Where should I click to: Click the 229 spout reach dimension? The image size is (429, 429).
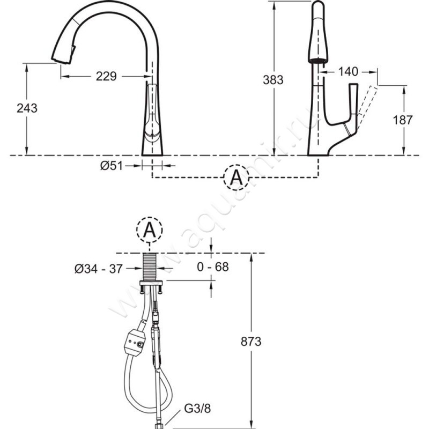tap(106, 76)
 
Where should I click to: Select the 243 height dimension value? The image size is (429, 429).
tap(27, 108)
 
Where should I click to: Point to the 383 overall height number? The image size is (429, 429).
tap(273, 80)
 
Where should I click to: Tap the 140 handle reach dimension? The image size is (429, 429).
tap(348, 72)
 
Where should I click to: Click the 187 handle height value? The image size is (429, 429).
tap(403, 120)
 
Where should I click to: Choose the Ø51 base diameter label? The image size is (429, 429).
tap(112, 166)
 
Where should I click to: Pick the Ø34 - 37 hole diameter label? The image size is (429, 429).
tap(99, 269)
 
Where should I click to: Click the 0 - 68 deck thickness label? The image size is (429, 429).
tap(213, 267)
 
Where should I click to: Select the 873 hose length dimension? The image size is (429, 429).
tap(251, 342)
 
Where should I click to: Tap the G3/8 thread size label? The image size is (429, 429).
tap(197, 409)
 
